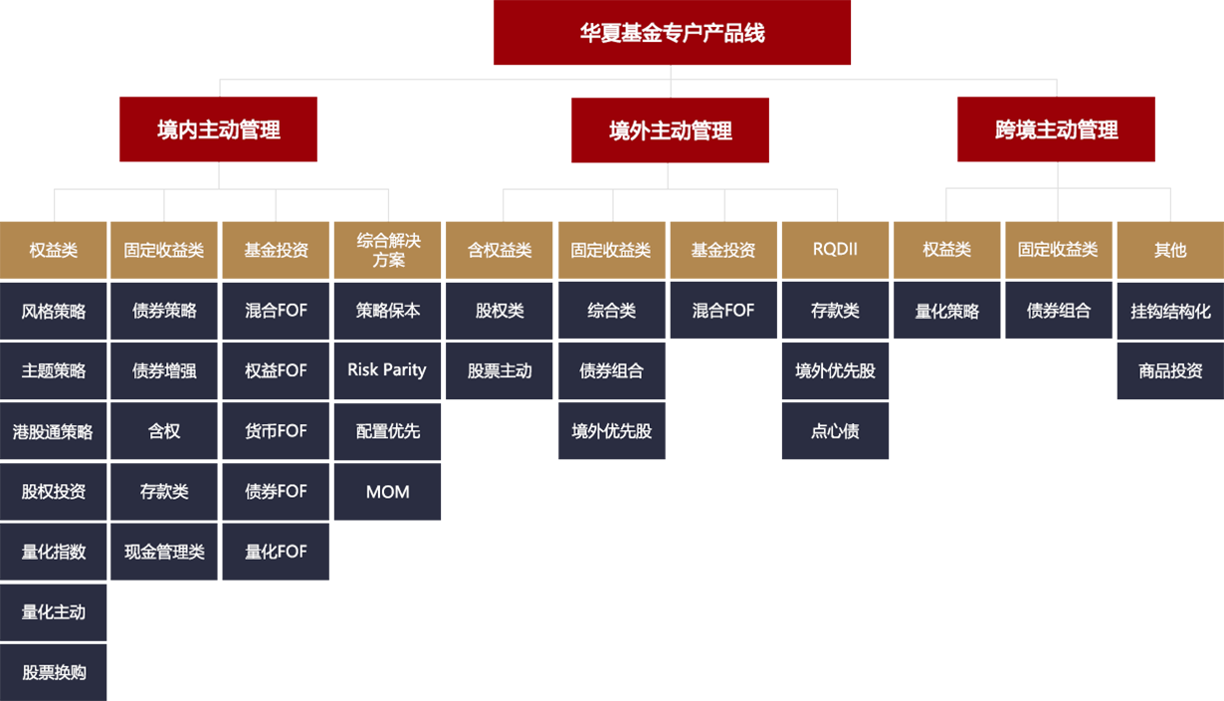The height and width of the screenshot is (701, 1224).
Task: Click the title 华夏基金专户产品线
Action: point(672,33)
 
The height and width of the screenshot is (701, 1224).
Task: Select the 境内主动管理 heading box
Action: point(219,129)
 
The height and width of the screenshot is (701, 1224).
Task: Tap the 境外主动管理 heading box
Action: point(671,130)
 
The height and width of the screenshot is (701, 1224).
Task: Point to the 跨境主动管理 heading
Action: point(1056,129)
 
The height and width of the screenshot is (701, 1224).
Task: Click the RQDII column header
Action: point(835,250)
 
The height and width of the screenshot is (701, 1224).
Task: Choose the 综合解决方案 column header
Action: point(388,250)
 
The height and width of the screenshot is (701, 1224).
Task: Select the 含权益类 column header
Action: point(500,250)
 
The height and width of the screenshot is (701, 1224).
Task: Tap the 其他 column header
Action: point(1170,250)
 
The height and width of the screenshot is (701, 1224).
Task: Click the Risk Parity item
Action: point(387,370)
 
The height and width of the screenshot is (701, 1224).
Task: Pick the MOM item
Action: point(387,492)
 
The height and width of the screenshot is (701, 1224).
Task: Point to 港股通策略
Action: point(53,431)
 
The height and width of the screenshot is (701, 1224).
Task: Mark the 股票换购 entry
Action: point(54,672)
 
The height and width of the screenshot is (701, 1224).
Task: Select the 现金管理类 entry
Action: point(164,552)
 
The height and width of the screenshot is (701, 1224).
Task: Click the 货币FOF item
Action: point(276,431)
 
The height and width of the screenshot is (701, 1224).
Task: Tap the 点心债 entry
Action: point(835,431)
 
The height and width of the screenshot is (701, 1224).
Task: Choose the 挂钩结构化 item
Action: point(1170,311)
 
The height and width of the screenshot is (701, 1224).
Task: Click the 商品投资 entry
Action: point(1170,370)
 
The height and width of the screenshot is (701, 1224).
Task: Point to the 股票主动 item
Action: point(500,370)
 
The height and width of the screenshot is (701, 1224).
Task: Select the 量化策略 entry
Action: point(946,311)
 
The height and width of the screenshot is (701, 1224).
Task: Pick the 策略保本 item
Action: point(388,311)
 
